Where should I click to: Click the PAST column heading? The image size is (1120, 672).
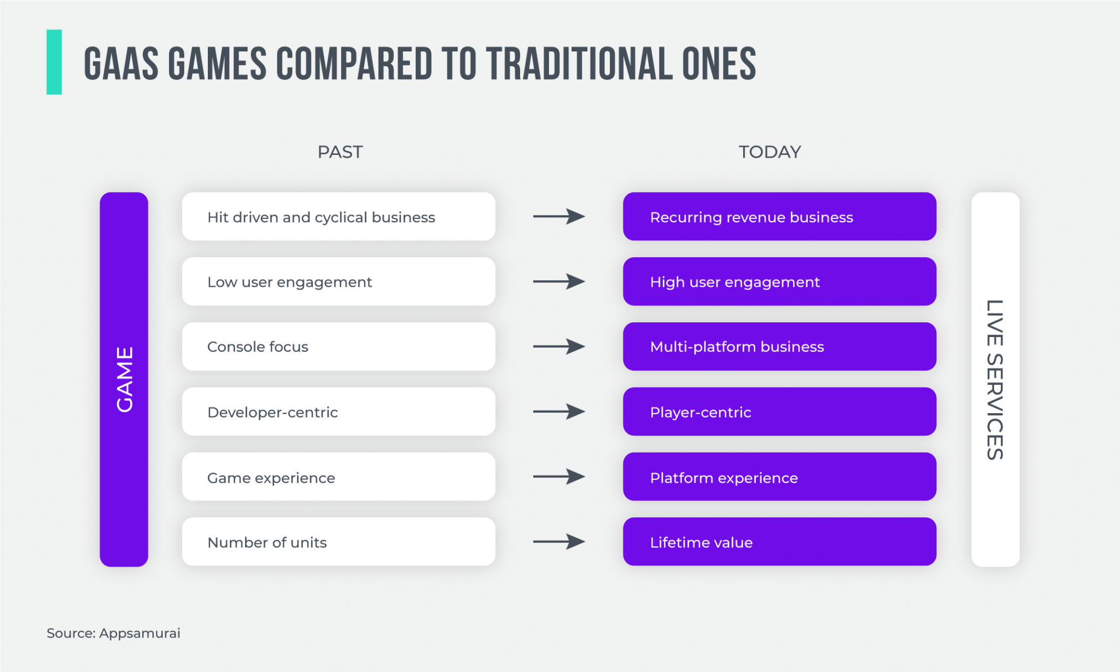click(340, 152)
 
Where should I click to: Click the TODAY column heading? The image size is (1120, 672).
click(769, 152)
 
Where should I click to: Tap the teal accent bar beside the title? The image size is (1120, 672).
click(54, 62)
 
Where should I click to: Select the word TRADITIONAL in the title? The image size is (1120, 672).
click(579, 64)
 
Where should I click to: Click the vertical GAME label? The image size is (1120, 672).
click(124, 379)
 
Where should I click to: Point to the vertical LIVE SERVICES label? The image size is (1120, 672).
click(995, 379)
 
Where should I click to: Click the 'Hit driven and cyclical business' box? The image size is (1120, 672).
click(339, 217)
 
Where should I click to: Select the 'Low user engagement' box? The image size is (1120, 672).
click(339, 282)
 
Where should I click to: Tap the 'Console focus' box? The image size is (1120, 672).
click(339, 346)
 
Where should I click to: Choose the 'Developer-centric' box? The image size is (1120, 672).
click(339, 412)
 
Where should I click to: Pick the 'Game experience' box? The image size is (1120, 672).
click(339, 477)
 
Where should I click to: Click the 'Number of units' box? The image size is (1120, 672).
click(339, 542)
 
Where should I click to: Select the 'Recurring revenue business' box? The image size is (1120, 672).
click(779, 217)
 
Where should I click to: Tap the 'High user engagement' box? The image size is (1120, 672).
click(779, 282)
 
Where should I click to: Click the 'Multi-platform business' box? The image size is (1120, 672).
click(779, 346)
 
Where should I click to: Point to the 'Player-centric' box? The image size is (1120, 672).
click(779, 412)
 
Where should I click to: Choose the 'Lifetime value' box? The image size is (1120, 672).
click(779, 542)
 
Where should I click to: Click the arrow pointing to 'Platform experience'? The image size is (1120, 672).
click(559, 477)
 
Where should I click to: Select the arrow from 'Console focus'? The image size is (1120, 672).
click(559, 346)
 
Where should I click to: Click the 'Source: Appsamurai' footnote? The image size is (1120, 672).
click(113, 633)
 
